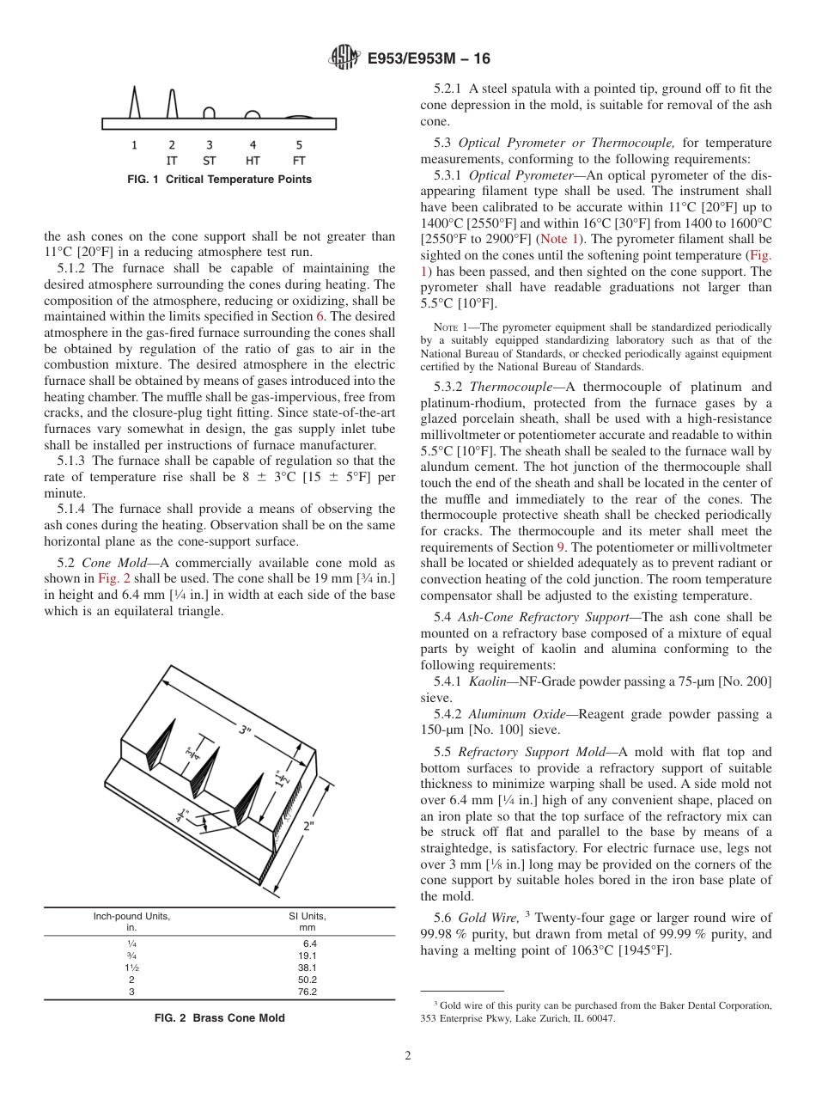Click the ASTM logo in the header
tap(344, 58)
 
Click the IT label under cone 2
tap(172, 161)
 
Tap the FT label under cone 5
tap(299, 161)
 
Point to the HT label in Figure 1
tap(253, 161)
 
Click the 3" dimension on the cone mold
tap(246, 730)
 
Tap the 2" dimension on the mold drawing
tap(308, 827)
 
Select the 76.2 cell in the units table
tap(307, 992)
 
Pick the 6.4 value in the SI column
tap(309, 943)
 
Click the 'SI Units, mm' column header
tap(307, 921)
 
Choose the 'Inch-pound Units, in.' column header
tap(131, 921)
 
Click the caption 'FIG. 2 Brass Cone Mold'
tap(219, 1018)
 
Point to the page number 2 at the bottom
tap(408, 1056)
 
